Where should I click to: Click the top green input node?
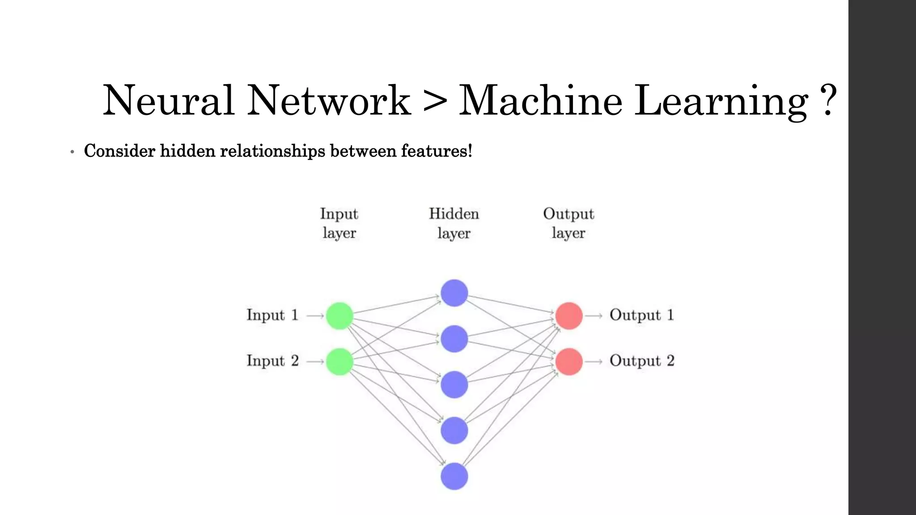point(339,316)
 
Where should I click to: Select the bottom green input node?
point(339,361)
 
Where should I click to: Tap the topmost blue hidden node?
point(454,293)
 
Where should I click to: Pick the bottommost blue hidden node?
point(454,476)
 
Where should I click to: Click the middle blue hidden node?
point(454,384)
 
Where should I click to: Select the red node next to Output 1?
point(569,316)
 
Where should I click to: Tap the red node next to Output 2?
point(569,361)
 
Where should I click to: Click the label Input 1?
point(272,315)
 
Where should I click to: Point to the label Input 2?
point(272,361)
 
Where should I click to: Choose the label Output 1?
point(641,315)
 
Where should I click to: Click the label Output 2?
point(641,361)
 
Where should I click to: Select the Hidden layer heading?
point(454,223)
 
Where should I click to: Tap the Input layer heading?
point(339,223)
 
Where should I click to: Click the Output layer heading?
point(568,223)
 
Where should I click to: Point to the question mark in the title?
point(829,101)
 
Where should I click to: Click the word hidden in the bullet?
point(187,151)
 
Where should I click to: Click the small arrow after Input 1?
point(315,316)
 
